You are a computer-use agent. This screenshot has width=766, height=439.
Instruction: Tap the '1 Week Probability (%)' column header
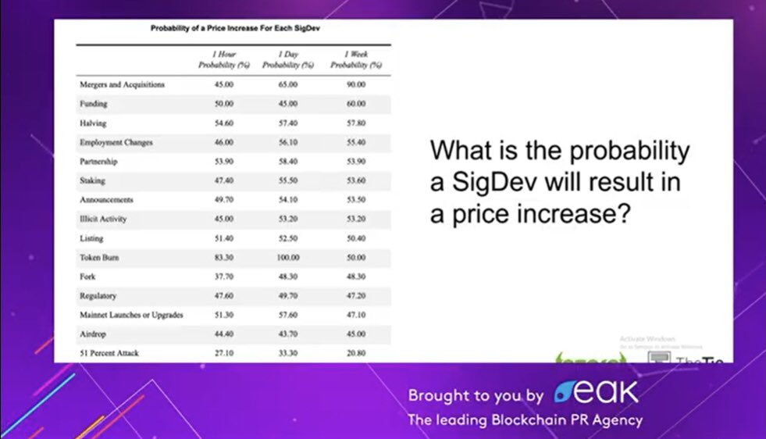[x=355, y=59]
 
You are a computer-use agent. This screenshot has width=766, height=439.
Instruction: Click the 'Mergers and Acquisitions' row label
[x=122, y=84]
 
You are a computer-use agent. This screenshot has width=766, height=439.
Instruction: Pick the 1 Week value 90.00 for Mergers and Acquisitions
[x=355, y=84]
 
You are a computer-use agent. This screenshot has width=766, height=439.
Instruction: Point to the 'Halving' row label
[x=93, y=123]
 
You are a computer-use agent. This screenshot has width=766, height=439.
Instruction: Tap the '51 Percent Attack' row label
[x=109, y=354]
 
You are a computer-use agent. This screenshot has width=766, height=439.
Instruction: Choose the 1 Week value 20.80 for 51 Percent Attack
[x=355, y=354]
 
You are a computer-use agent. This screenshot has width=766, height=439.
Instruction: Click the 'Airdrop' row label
[x=93, y=334]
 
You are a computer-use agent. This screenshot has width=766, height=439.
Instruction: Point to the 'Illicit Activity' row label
[x=103, y=219]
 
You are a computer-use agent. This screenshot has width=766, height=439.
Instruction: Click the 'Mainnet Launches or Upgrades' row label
[x=131, y=316]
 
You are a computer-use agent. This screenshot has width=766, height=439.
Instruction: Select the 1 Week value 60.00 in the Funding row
[x=355, y=104]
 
